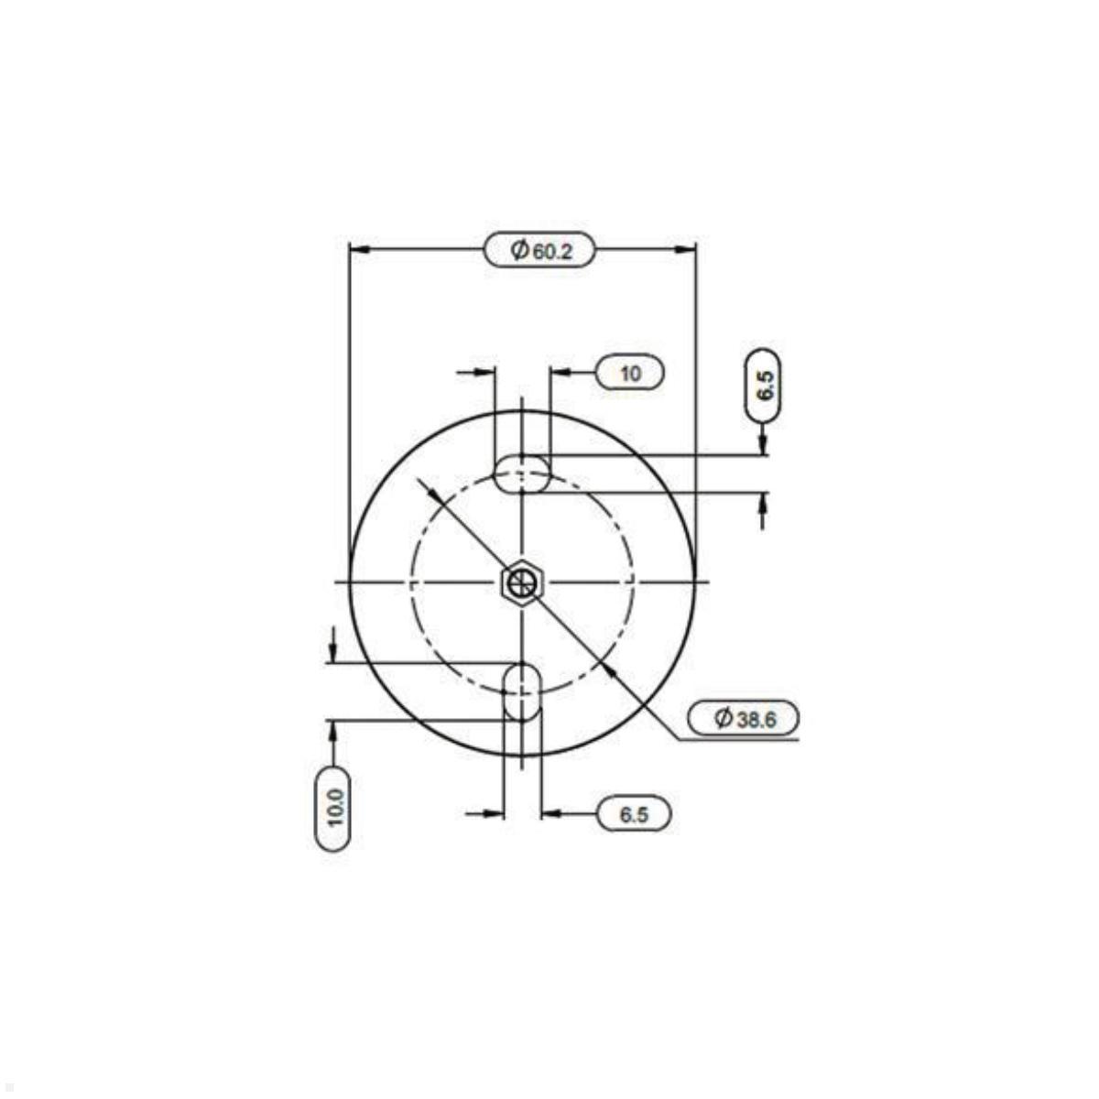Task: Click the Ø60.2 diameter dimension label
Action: [539, 250]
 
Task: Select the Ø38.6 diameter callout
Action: [745, 719]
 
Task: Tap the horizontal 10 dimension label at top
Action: [630, 373]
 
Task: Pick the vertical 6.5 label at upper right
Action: [763, 385]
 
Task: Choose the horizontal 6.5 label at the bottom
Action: [634, 813]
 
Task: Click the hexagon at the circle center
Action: [522, 582]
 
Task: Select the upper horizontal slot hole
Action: [522, 475]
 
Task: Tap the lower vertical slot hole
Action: [522, 691]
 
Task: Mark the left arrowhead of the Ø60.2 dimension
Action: [360, 249]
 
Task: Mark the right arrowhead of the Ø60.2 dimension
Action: [685, 249]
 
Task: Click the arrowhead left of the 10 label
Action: [560, 373]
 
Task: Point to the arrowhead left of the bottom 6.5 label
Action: [551, 813]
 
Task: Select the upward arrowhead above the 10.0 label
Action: [332, 730]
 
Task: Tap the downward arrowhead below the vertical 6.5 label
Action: [763, 445]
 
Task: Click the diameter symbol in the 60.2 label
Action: [519, 250]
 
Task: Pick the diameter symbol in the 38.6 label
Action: [724, 719]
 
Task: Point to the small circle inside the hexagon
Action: [522, 582]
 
